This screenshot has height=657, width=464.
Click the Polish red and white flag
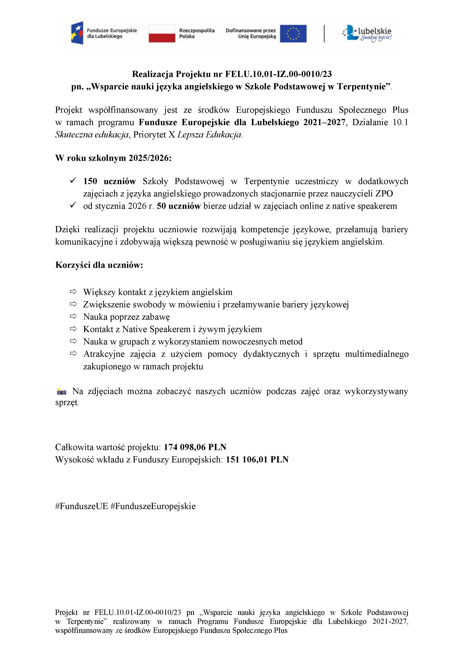[162, 34]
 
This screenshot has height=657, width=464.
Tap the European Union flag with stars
[293, 34]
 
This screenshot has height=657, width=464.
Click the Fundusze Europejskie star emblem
[77, 33]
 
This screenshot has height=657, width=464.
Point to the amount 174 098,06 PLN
[195, 447]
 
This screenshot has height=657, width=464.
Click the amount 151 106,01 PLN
[257, 460]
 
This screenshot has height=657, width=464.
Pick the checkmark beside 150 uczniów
[73, 180]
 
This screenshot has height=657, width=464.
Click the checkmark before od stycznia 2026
[73, 205]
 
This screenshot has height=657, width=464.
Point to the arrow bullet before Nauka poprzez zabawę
[73, 317]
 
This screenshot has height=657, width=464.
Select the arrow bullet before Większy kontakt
[73, 292]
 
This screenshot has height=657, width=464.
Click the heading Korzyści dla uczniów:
[99, 265]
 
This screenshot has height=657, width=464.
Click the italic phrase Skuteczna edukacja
[92, 134]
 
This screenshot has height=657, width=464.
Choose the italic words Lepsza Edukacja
[209, 134]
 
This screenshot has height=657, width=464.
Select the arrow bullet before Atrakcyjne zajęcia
[73, 354]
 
